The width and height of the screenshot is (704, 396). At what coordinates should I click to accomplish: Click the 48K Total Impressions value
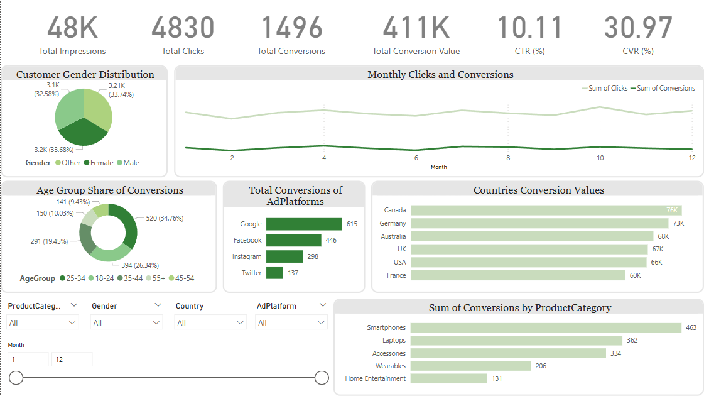[72, 28]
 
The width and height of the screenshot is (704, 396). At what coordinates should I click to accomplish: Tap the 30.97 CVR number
[638, 28]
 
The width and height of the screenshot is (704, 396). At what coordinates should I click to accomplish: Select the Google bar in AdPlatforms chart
[304, 224]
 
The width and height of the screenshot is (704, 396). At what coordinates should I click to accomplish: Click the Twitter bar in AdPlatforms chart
[274, 273]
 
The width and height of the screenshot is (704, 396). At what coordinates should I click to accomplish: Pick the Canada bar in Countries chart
[546, 210]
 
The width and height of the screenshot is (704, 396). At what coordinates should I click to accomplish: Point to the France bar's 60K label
[635, 275]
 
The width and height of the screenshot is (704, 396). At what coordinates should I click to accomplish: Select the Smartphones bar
[546, 327]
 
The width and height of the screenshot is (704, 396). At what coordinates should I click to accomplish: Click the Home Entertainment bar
[449, 378]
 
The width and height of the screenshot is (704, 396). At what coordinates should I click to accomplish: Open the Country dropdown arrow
[240, 322]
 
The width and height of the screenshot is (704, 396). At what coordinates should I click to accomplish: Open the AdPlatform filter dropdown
[322, 322]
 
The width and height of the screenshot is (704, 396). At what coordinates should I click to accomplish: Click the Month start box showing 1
[28, 359]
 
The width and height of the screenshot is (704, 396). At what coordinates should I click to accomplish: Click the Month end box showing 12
[72, 359]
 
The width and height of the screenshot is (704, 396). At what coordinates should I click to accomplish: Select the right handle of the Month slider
[322, 377]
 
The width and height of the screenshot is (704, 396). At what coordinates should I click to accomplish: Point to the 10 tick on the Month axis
[600, 158]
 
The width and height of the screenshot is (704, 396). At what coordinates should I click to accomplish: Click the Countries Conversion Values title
[538, 190]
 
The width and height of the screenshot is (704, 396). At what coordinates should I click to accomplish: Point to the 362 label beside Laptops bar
[632, 340]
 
